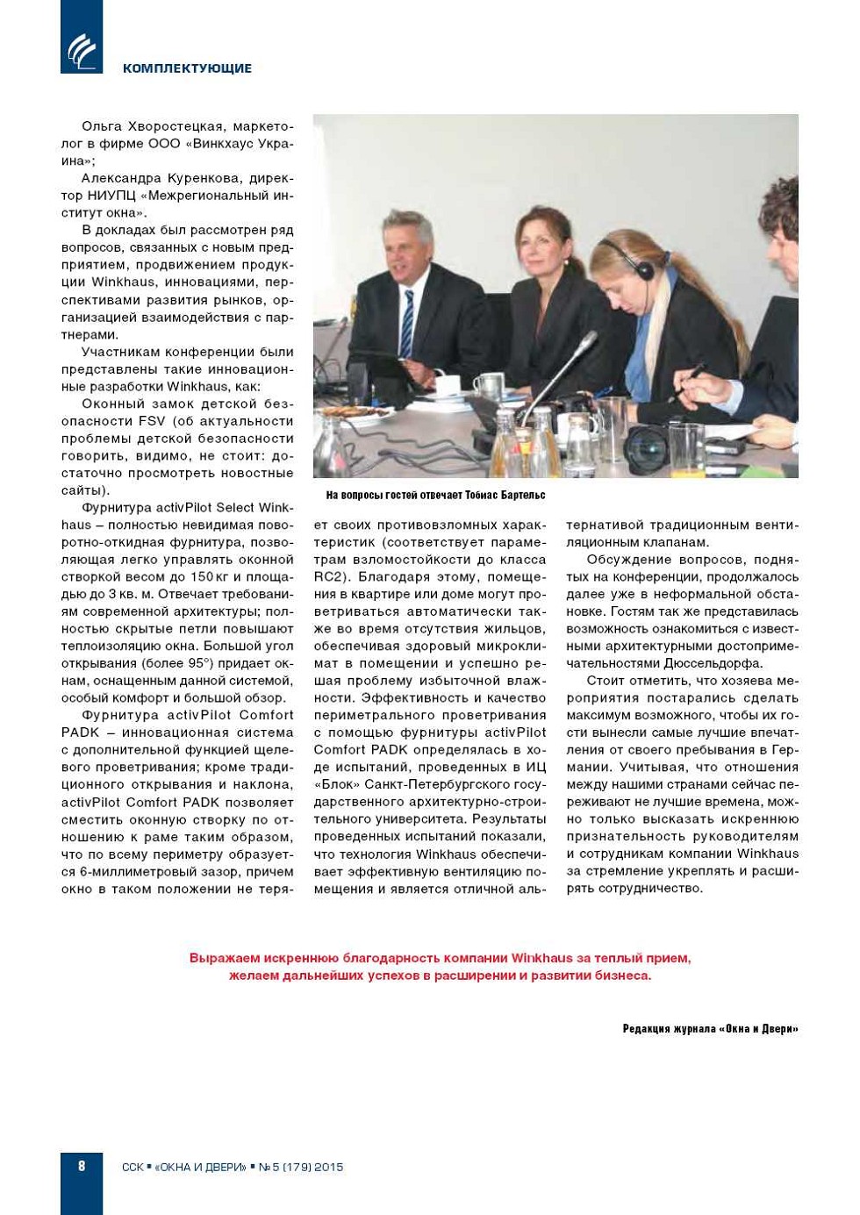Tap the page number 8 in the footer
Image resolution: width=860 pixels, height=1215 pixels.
82,1166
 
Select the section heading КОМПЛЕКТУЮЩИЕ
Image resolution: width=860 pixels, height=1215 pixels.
187,68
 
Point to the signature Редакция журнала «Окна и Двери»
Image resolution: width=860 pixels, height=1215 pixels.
710,1029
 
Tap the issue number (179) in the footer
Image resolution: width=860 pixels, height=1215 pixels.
296,1167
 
